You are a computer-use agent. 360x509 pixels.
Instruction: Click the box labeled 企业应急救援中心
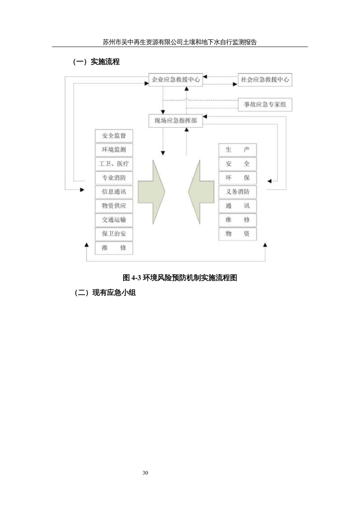point(176,80)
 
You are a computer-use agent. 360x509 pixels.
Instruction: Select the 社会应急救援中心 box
point(265,80)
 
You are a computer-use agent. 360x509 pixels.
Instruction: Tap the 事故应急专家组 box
point(265,104)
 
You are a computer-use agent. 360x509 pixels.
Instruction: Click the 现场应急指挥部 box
point(176,121)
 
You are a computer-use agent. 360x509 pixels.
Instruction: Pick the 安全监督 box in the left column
point(114,136)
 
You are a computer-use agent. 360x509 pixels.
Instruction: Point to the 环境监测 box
point(114,150)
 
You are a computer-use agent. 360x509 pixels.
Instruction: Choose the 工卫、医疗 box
point(114,164)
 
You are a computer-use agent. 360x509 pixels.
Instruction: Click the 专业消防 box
point(114,178)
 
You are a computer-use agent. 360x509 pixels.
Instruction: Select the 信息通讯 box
point(114,192)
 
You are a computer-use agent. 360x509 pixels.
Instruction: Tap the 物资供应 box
point(114,206)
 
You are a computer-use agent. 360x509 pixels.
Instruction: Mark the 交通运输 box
point(114,220)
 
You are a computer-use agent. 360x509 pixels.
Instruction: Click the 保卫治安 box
point(114,234)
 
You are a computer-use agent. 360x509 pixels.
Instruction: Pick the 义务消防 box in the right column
point(238,192)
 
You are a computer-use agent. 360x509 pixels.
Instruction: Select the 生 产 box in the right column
point(238,150)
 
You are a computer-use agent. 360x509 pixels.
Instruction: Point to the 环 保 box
point(238,178)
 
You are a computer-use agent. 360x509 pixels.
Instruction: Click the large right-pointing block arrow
point(152,192)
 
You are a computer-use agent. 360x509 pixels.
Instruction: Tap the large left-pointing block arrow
point(201,192)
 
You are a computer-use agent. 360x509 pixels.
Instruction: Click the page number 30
point(145,473)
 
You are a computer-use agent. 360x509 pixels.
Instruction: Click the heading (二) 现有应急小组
point(105,293)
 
